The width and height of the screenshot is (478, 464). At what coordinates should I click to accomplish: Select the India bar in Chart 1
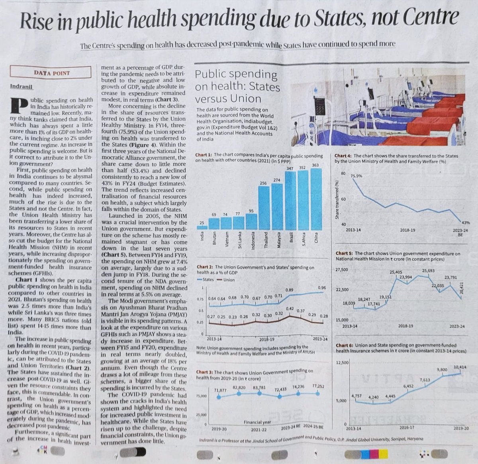pos(202,227)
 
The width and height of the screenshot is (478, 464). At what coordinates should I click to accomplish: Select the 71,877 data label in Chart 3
pos(220,390)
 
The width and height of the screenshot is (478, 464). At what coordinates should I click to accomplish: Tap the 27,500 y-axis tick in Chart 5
pos(342,270)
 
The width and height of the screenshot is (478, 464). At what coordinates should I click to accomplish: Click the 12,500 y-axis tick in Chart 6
pos(342,363)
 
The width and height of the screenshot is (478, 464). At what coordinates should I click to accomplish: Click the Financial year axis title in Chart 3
pos(257,422)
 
